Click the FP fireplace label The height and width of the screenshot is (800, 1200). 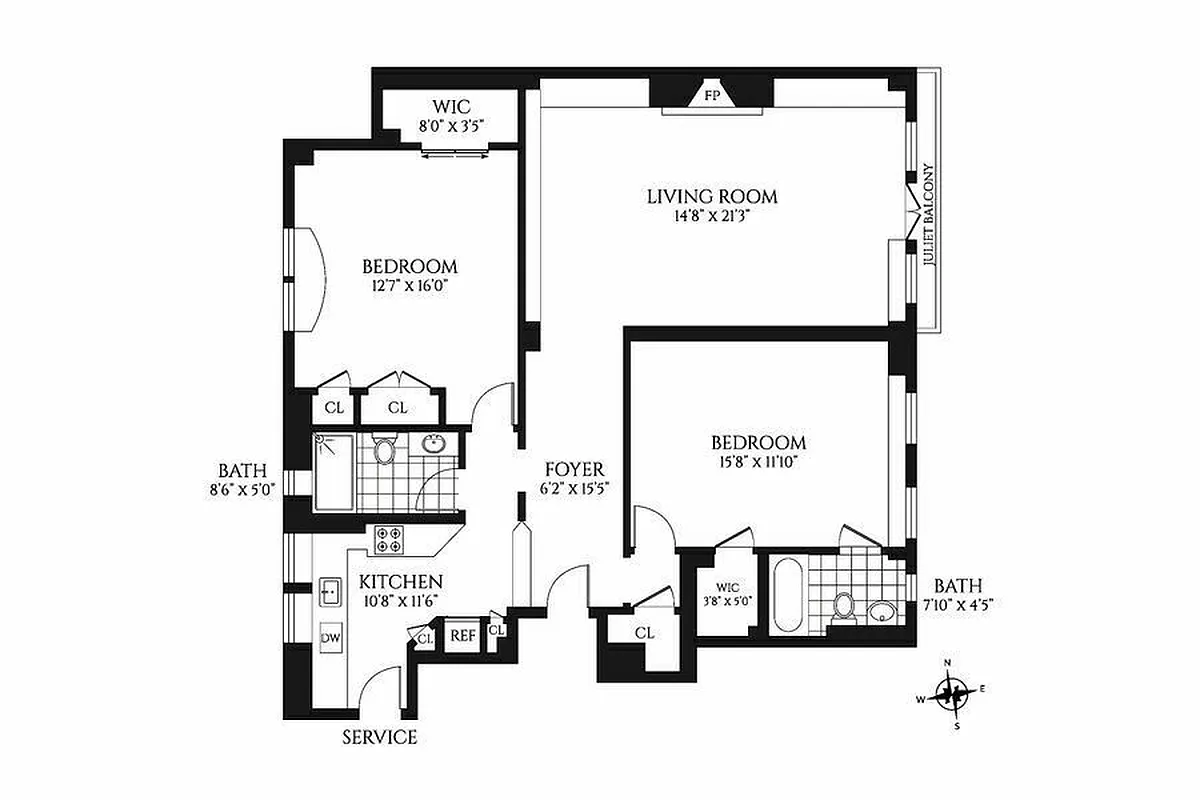pyautogui.click(x=712, y=96)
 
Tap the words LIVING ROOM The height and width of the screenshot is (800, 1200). pyautogui.click(x=711, y=197)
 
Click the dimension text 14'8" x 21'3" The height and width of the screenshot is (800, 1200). pyautogui.click(x=711, y=217)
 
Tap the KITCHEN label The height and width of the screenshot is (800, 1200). pyautogui.click(x=401, y=582)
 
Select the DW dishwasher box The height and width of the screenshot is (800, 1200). pyautogui.click(x=330, y=637)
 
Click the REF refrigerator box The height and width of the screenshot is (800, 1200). pyautogui.click(x=461, y=634)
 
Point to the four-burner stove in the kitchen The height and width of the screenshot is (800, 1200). pyautogui.click(x=390, y=539)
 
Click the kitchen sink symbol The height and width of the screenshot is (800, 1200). pyautogui.click(x=330, y=592)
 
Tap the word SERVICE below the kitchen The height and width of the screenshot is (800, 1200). pyautogui.click(x=379, y=737)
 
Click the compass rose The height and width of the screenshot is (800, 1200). pyautogui.click(x=954, y=692)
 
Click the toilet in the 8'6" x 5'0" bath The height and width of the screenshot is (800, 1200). pyautogui.click(x=385, y=450)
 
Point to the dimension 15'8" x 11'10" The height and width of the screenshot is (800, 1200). pyautogui.click(x=758, y=462)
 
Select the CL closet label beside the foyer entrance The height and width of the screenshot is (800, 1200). pyautogui.click(x=644, y=633)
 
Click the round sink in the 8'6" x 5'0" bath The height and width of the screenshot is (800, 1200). pyautogui.click(x=434, y=444)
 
